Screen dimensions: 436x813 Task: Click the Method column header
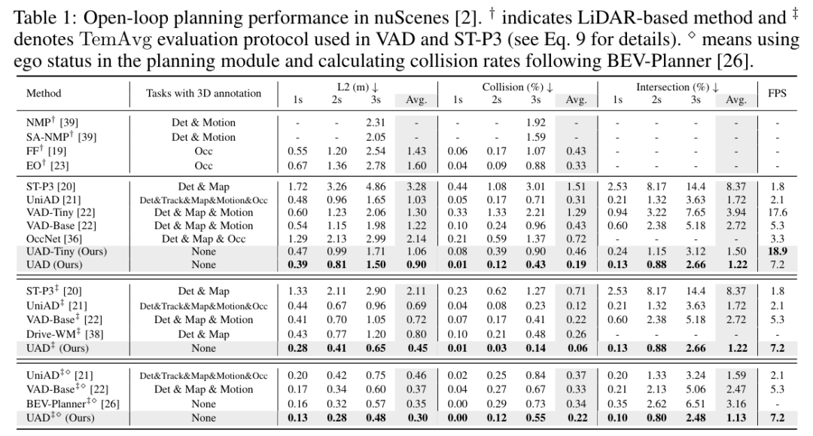[44, 94]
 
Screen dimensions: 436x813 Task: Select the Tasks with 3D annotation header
[203, 94]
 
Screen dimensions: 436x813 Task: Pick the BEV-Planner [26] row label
[68, 404]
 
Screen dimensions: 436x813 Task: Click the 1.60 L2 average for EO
[416, 166]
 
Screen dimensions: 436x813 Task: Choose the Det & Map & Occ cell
[203, 238]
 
